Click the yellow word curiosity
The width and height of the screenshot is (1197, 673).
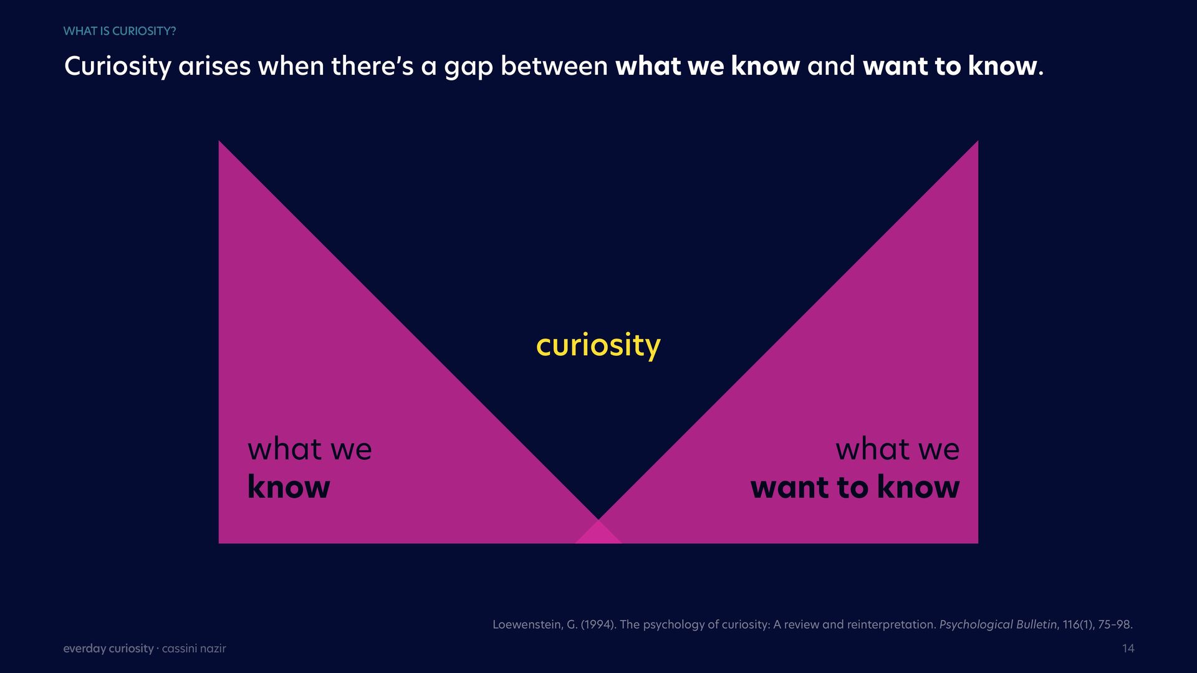click(598, 346)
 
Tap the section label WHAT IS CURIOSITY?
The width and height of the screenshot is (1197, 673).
click(120, 31)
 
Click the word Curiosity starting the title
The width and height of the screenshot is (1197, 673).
click(117, 67)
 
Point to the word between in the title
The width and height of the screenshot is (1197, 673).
click(554, 66)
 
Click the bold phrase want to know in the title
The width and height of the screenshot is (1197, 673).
click(950, 66)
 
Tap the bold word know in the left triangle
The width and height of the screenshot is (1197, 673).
click(289, 487)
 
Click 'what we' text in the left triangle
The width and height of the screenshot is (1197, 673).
click(309, 449)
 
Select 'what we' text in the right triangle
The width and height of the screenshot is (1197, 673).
click(897, 449)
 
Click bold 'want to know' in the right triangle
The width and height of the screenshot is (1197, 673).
click(855, 487)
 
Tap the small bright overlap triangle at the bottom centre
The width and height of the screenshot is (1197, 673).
click(598, 533)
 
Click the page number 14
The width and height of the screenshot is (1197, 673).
click(1128, 649)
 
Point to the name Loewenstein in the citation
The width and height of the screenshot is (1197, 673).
click(527, 624)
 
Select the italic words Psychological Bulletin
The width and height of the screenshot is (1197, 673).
click(998, 624)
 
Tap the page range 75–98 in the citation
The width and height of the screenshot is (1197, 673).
click(1115, 624)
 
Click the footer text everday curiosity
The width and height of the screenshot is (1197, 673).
click(108, 649)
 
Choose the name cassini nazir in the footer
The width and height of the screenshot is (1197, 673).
click(194, 649)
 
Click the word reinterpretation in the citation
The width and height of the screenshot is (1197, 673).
click(892, 624)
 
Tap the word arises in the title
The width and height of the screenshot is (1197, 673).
click(214, 66)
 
